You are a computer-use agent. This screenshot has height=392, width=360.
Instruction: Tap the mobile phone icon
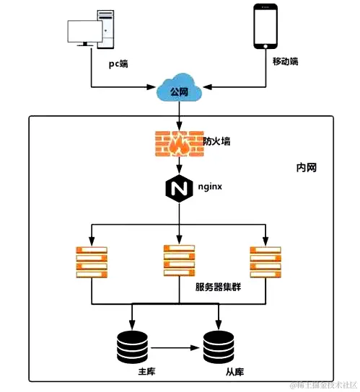[264, 27]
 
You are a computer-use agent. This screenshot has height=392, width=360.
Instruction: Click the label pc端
[118, 63]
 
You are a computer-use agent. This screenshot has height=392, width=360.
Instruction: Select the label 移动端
[284, 62]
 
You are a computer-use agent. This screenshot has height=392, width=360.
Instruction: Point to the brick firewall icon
[178, 146]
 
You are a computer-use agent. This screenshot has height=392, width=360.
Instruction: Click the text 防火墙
[219, 141]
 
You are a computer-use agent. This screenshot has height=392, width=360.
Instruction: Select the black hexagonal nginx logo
[178, 189]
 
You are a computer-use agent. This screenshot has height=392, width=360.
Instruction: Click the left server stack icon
[91, 262]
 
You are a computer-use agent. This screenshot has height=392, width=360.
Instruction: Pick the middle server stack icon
[179, 261]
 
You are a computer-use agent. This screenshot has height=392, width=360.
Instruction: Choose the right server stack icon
[265, 262]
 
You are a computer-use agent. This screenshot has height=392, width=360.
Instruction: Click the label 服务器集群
[219, 287]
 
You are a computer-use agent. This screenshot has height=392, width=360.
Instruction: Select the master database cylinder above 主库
[131, 347]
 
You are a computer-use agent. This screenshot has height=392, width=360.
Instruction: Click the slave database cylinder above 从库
[219, 347]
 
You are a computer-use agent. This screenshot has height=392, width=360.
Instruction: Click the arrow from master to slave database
[175, 348]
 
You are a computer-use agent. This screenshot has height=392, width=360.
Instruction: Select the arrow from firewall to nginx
[178, 166]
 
